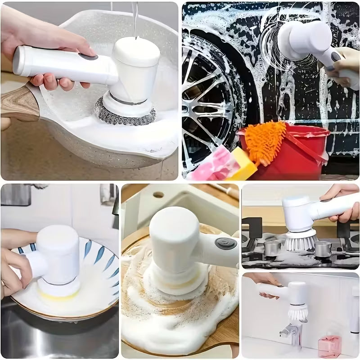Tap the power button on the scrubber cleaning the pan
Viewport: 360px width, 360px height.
click(90, 58)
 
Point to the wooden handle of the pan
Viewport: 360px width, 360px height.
click(18, 103)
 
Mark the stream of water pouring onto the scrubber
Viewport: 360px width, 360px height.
click(135, 18)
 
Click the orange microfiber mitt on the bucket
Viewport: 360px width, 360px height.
click(266, 139)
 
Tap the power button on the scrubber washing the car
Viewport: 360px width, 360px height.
click(335, 57)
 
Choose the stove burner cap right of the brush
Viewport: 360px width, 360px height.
click(323, 249)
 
